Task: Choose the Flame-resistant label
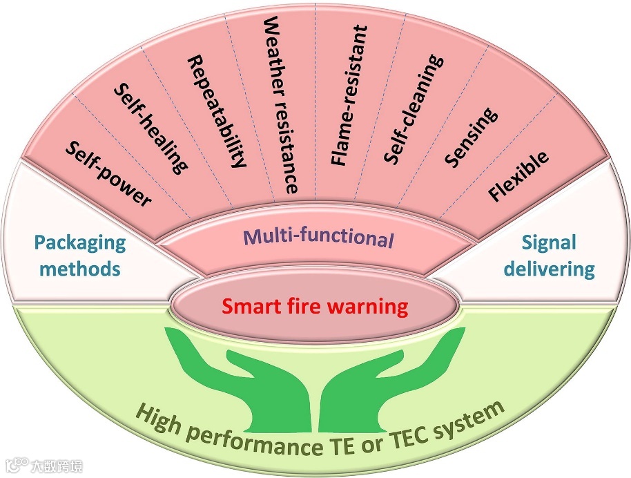(x=349, y=95)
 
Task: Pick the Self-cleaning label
(x=411, y=111)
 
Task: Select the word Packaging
(x=80, y=243)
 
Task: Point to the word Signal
(x=549, y=243)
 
